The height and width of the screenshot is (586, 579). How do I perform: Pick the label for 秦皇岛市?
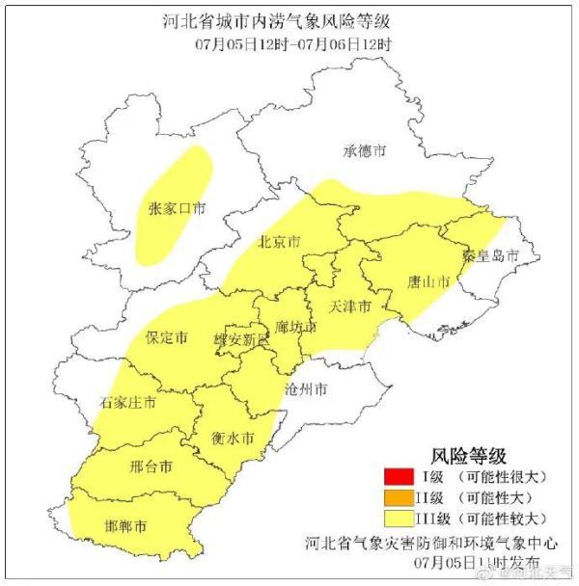(x=490, y=256)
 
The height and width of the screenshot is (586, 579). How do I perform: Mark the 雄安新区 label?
(x=237, y=341)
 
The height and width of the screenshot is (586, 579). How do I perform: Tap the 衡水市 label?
(x=233, y=438)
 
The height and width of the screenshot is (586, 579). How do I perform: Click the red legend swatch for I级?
(x=396, y=475)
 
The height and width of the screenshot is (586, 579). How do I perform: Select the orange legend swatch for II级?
(x=396, y=497)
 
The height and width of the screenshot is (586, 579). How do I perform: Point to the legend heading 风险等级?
(x=468, y=454)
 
